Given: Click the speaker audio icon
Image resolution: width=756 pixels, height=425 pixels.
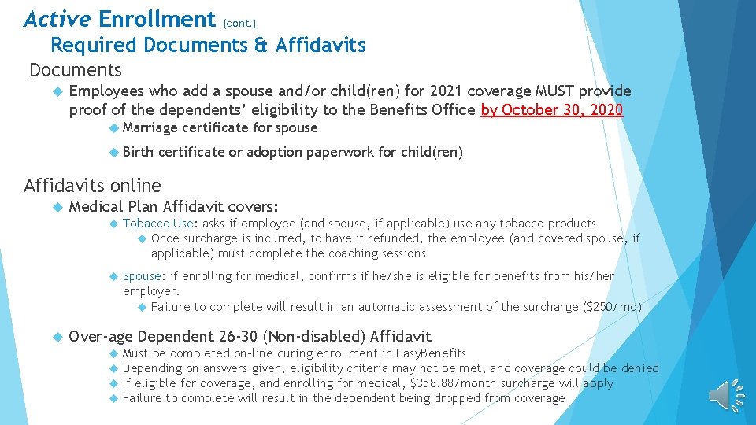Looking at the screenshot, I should click(x=725, y=394).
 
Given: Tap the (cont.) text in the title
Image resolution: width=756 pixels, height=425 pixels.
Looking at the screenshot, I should click(x=239, y=23).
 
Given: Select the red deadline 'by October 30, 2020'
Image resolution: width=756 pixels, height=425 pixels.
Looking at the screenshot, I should click(x=551, y=110).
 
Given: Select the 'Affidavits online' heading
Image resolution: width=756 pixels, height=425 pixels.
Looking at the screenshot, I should click(x=92, y=186).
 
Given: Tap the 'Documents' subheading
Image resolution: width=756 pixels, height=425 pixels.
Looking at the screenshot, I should click(x=76, y=70).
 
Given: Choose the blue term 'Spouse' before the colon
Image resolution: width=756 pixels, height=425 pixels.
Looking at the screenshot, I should click(x=142, y=276).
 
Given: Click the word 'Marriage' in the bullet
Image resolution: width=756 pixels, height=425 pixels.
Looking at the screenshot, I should click(x=150, y=128).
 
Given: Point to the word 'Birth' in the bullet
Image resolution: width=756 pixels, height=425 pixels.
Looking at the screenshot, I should click(x=139, y=152).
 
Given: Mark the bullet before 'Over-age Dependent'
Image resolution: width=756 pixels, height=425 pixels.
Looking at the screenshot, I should click(x=56, y=337).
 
